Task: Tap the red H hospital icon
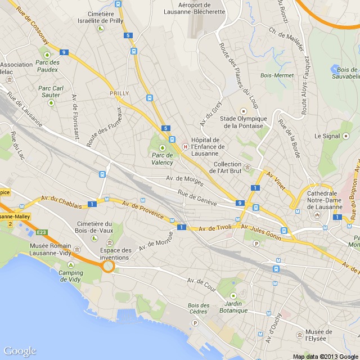[184, 147]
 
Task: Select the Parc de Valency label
[163, 159]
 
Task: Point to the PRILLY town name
[119, 93]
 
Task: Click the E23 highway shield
[42, 232]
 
